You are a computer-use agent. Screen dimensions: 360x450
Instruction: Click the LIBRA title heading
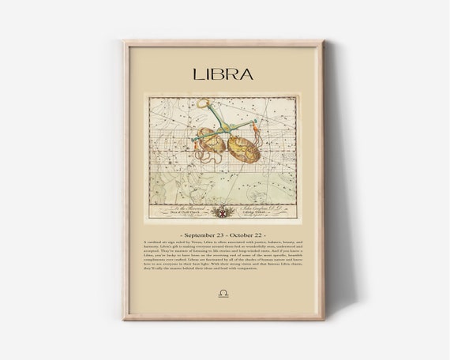click(224, 76)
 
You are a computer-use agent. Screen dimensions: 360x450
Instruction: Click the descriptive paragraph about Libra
click(224, 261)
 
